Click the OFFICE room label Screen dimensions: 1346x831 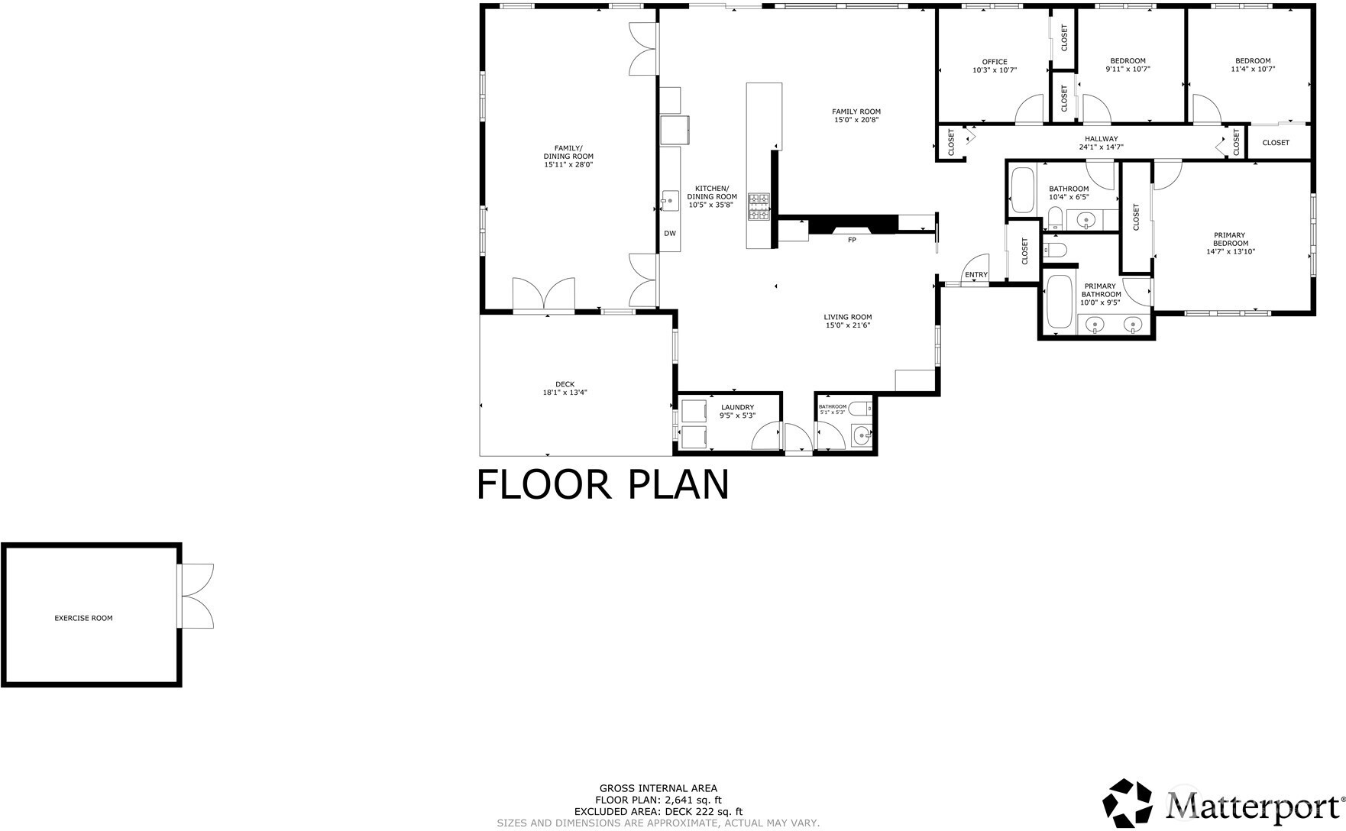click(x=995, y=62)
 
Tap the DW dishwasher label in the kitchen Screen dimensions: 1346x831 click(x=669, y=234)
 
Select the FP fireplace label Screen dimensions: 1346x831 click(x=852, y=240)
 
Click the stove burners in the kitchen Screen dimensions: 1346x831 click(x=759, y=207)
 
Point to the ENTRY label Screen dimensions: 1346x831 click(x=976, y=275)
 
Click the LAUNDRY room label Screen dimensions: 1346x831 click(x=737, y=407)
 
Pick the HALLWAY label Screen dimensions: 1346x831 click(x=1101, y=138)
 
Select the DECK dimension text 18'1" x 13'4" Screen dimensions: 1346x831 click(x=565, y=393)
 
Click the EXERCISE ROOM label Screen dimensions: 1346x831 click(x=83, y=618)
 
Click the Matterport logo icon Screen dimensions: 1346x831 click(x=1128, y=802)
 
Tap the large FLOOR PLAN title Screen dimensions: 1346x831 click(x=603, y=484)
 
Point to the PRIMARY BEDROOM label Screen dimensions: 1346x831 click(x=1231, y=239)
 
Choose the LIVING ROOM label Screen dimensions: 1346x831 click(x=847, y=317)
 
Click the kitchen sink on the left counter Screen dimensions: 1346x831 click(x=670, y=200)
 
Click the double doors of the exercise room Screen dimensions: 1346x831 click(x=197, y=596)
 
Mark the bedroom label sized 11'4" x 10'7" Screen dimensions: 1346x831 click(x=1253, y=65)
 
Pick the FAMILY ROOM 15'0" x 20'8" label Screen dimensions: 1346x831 click(x=856, y=115)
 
